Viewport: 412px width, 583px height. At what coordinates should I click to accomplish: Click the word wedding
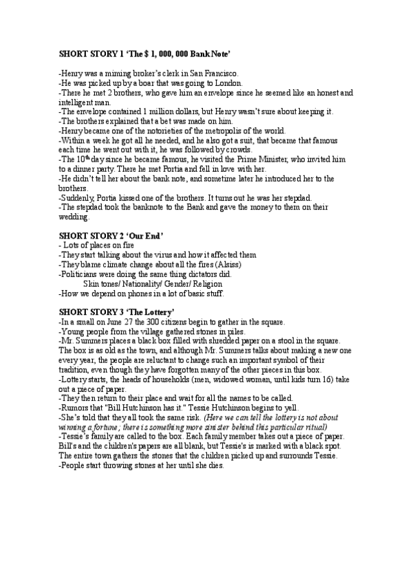(x=74, y=217)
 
